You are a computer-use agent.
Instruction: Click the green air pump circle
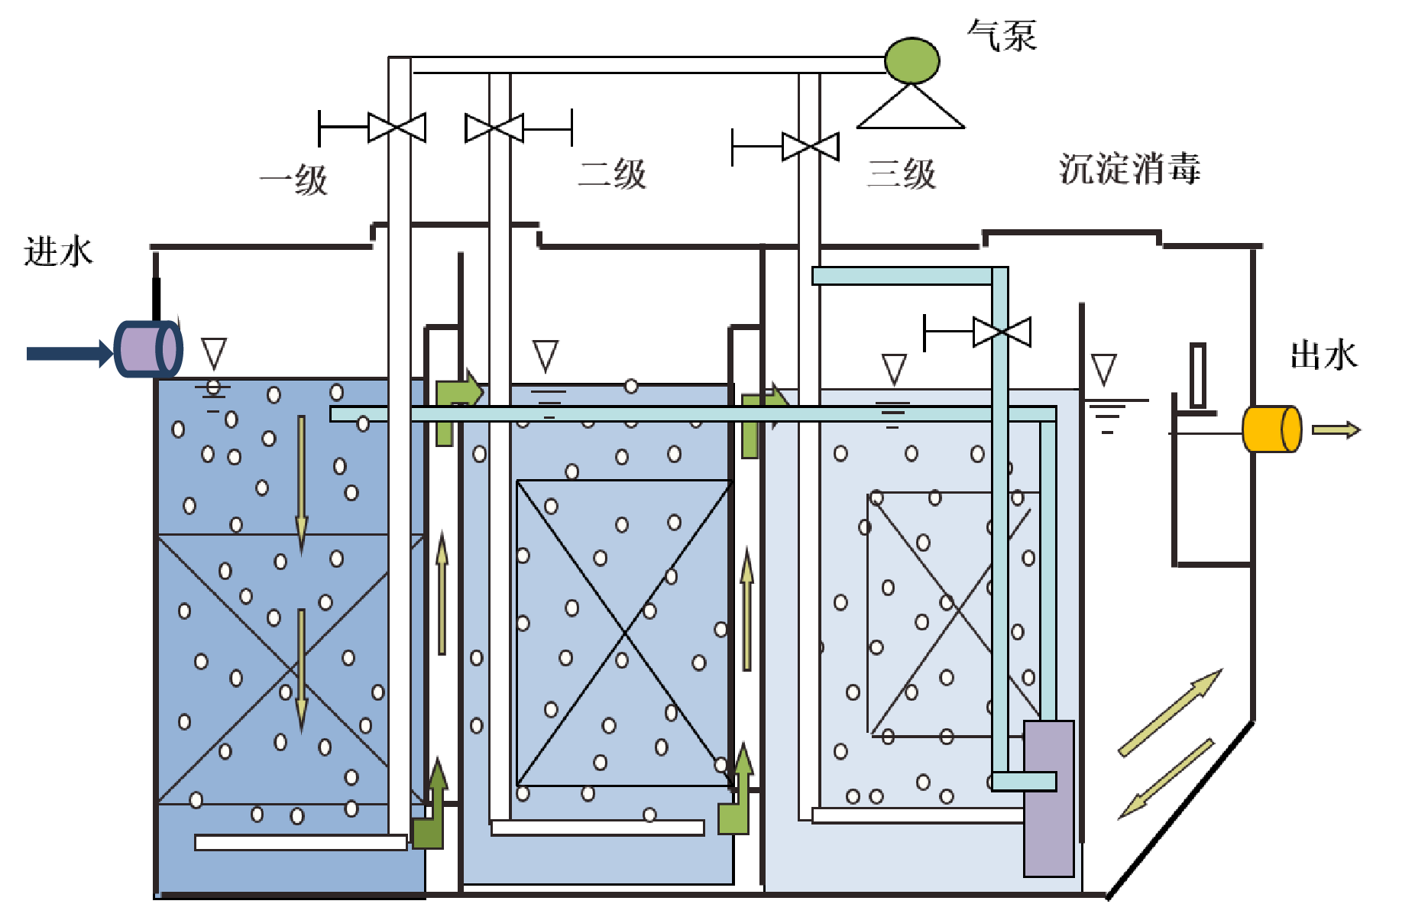[912, 60]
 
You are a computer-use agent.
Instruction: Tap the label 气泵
[1002, 35]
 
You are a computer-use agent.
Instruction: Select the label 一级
[294, 180]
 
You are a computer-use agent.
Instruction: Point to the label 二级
[612, 174]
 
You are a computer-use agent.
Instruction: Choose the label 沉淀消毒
[1129, 169]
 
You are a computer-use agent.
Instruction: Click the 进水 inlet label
[58, 251]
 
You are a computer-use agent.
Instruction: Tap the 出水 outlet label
[1323, 355]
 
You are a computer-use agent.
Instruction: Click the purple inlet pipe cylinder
[147, 349]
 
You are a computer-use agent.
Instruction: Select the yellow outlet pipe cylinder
[1271, 429]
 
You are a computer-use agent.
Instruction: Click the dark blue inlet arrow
[69, 353]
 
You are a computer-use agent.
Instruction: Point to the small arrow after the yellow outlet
[1336, 430]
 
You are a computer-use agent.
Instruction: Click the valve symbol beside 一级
[397, 128]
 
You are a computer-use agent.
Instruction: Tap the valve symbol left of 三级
[811, 147]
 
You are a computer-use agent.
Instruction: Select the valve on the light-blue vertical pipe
[1001, 332]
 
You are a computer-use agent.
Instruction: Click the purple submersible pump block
[1048, 799]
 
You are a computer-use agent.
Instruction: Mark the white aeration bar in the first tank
[300, 842]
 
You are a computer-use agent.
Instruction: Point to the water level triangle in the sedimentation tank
[1104, 370]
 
